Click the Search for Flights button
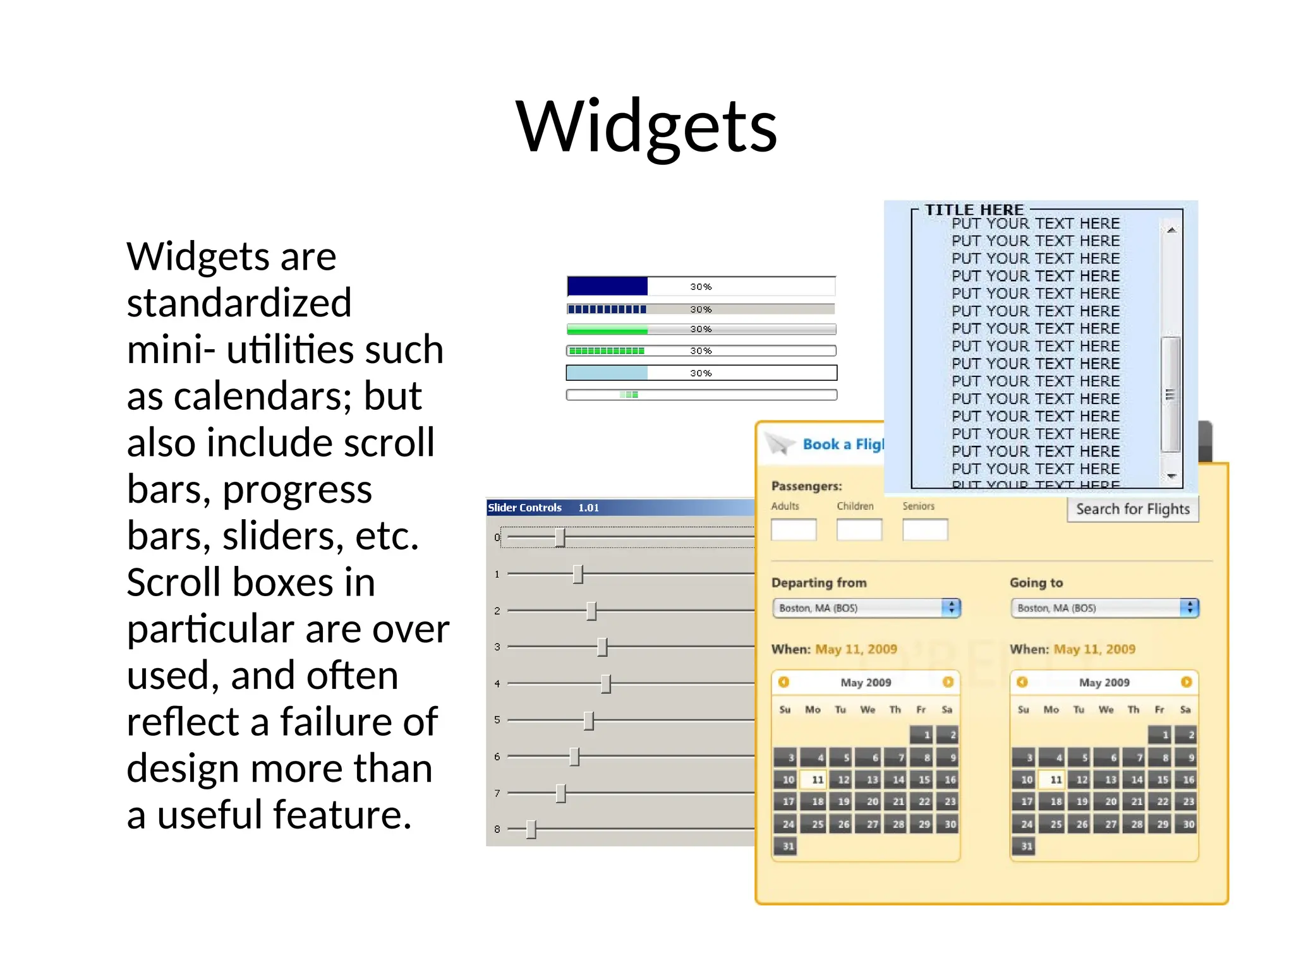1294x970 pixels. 1132,509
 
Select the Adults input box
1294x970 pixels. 794,530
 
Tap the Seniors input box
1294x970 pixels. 925,530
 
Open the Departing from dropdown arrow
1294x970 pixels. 951,608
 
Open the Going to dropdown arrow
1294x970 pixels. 1189,608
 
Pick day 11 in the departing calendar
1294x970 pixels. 817,780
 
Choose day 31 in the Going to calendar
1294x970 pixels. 1027,846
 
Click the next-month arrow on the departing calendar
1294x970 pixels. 948,682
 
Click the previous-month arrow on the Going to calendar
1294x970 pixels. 1022,682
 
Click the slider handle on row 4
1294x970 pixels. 606,683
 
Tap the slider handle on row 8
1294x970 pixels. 531,829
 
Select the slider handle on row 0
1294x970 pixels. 560,537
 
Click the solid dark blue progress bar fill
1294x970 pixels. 607,287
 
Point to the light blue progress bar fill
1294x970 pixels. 607,373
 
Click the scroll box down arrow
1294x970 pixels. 1171,476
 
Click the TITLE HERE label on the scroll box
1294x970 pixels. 974,210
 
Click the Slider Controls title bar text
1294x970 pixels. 524,508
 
